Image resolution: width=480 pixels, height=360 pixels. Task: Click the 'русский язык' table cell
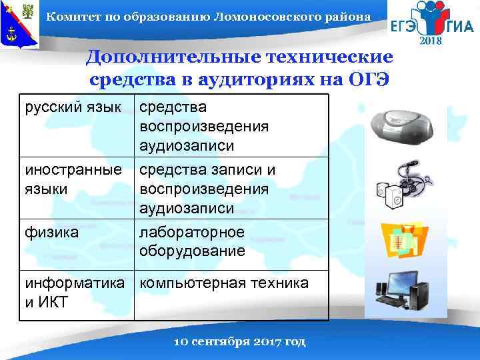point(73,107)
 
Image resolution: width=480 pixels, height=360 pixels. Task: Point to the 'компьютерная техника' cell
point(224,283)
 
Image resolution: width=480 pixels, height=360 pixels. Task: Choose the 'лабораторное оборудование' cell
point(193,241)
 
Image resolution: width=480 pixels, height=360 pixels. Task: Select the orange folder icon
point(403,241)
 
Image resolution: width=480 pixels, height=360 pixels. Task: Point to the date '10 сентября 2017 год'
point(239,341)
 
